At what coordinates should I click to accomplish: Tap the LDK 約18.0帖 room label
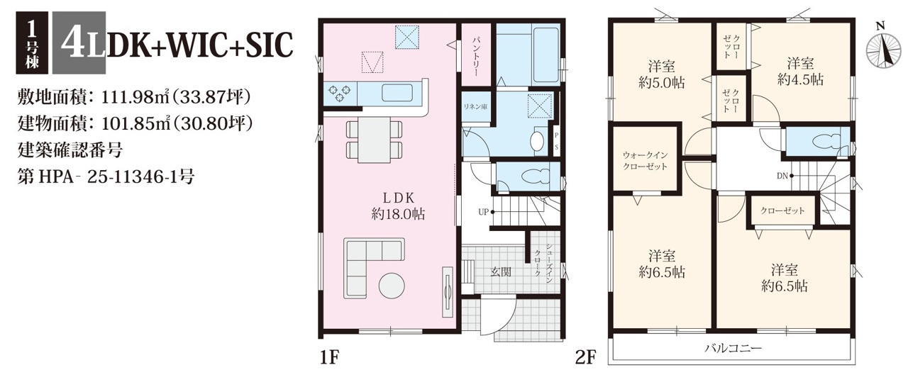(x=398, y=206)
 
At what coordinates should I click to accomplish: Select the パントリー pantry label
(x=476, y=57)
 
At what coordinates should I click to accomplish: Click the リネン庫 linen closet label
(x=476, y=107)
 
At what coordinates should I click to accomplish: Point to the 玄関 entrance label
(x=501, y=272)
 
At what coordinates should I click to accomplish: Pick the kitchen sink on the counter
(x=397, y=93)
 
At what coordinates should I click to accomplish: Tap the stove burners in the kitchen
(x=340, y=93)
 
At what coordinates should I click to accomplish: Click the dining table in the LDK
(x=375, y=140)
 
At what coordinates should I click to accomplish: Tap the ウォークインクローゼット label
(x=646, y=160)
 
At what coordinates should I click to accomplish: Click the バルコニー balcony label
(x=733, y=348)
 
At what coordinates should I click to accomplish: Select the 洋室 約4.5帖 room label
(x=801, y=72)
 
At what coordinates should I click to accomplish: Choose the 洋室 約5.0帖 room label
(x=662, y=74)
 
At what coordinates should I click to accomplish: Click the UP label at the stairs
(x=483, y=212)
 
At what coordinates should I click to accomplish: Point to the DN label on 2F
(x=782, y=176)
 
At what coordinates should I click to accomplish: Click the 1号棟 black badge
(x=32, y=43)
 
